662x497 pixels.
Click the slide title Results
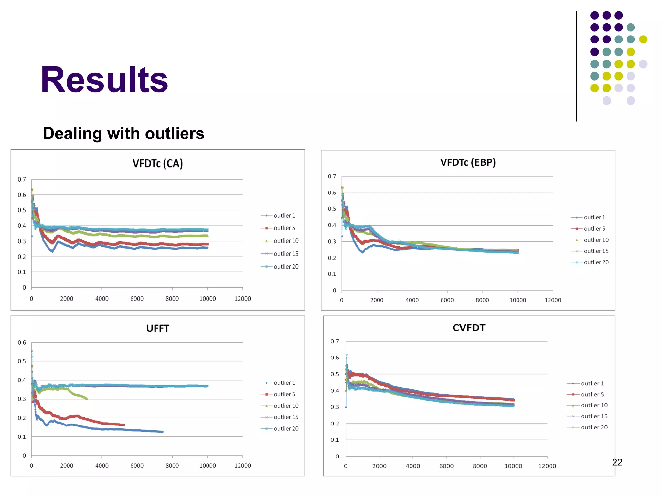[x=104, y=80]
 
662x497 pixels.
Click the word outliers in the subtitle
[x=175, y=133]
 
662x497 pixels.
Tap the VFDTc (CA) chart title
[x=157, y=163]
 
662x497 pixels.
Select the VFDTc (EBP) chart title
[x=468, y=162]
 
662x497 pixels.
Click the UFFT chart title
[x=157, y=328]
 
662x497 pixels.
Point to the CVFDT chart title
[x=469, y=327]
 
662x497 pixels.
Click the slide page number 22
[x=617, y=462]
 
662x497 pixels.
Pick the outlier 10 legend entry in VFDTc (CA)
[x=286, y=241]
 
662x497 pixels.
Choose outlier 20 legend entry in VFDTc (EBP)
[x=596, y=262]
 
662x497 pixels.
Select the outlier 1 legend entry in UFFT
[x=284, y=383]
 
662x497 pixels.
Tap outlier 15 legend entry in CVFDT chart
[x=594, y=416]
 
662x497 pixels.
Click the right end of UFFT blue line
[x=163, y=432]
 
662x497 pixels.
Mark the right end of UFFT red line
[x=124, y=425]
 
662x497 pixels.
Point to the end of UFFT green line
[x=87, y=399]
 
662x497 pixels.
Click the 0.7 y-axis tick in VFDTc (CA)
[x=22, y=179]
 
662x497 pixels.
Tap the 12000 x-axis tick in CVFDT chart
[x=547, y=466]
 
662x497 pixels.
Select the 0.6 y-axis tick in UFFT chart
[x=22, y=342]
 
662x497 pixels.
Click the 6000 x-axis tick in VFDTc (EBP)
[x=447, y=300]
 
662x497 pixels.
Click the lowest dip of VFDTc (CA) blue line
[x=52, y=251]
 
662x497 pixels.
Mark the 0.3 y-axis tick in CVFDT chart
[x=335, y=407]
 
